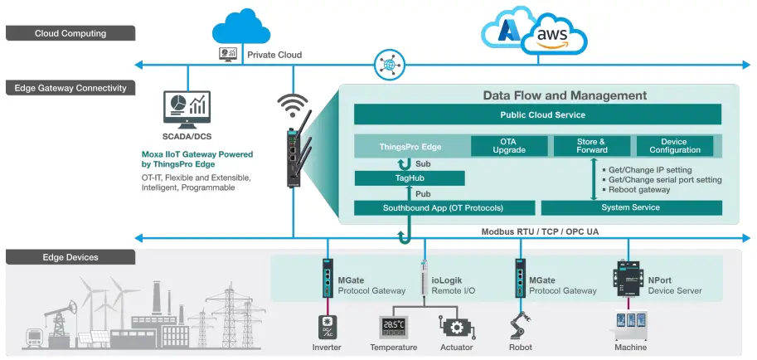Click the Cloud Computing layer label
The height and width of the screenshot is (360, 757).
[70, 33]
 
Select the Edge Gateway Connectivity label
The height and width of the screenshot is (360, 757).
[70, 87]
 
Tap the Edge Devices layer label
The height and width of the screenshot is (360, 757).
[70, 257]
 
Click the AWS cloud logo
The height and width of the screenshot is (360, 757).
[552, 35]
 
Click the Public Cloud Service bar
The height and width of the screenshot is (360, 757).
[537, 114]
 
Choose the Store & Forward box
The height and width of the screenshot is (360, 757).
[591, 146]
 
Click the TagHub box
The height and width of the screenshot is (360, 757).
[410, 178]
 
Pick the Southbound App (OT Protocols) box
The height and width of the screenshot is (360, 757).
[442, 207]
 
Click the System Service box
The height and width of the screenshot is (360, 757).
[631, 207]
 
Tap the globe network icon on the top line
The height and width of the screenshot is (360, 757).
[387, 63]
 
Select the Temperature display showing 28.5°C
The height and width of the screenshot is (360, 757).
[393, 326]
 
